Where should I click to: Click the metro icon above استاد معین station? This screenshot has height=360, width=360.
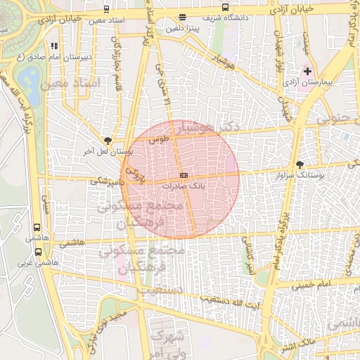[x=106, y=9]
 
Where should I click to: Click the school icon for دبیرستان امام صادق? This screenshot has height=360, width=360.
[x=53, y=46]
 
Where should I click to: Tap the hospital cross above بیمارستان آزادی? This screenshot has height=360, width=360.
[x=307, y=71]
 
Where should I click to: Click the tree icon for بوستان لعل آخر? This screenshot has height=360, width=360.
[x=107, y=141]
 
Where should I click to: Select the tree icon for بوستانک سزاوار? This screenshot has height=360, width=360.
[x=300, y=163]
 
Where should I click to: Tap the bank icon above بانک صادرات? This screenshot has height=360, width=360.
[x=184, y=174]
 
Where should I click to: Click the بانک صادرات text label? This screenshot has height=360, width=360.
[x=184, y=187]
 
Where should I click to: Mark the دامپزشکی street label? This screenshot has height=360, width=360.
[x=106, y=181]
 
